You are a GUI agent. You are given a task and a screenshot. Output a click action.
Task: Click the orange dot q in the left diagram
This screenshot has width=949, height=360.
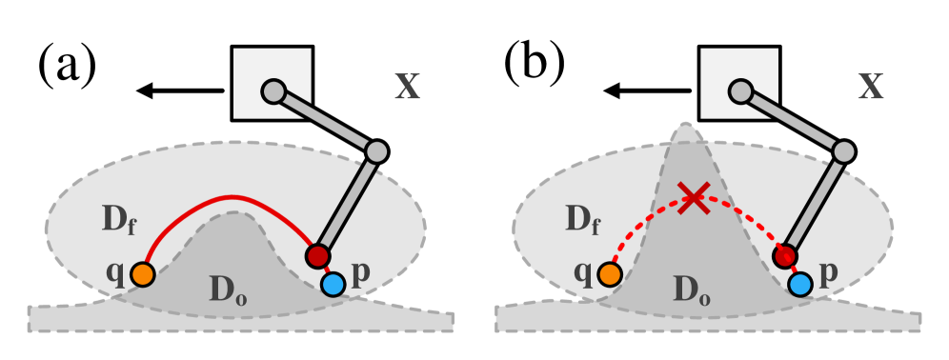(x=143, y=274)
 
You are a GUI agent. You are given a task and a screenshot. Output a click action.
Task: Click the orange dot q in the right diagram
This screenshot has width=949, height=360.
(x=610, y=274)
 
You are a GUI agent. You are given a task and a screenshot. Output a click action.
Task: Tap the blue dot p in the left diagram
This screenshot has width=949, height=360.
(x=333, y=284)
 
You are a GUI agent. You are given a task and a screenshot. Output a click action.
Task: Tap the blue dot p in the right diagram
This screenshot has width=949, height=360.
(x=800, y=284)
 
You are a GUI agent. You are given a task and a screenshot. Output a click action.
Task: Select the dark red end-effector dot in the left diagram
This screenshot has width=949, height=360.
(x=317, y=255)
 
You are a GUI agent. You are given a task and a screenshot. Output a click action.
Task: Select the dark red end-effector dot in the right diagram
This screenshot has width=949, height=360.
(x=785, y=255)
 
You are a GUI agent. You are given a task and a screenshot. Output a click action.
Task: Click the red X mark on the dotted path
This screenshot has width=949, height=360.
(x=694, y=199)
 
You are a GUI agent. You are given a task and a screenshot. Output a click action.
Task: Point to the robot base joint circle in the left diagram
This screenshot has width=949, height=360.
(x=273, y=91)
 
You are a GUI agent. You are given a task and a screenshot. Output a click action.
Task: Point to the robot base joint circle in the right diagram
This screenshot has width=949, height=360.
(x=740, y=91)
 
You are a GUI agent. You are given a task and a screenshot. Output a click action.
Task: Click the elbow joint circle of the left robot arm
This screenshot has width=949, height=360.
(x=376, y=151)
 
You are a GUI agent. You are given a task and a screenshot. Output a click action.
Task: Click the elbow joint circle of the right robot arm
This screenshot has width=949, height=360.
(x=844, y=151)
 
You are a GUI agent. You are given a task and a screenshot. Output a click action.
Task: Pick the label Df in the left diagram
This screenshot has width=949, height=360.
(x=119, y=221)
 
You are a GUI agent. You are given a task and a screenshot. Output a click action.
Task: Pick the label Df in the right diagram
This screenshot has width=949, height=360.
(x=582, y=221)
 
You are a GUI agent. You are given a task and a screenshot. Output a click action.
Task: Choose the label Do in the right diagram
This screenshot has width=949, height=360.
(x=692, y=290)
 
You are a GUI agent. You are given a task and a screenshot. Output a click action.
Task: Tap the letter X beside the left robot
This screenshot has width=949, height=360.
(x=407, y=87)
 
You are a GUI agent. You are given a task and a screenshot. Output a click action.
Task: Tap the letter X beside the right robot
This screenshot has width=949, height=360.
(x=870, y=87)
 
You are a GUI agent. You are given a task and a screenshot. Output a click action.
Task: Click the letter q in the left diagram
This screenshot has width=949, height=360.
(x=115, y=271)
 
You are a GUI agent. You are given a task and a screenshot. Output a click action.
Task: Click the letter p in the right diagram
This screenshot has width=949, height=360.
(x=828, y=272)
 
